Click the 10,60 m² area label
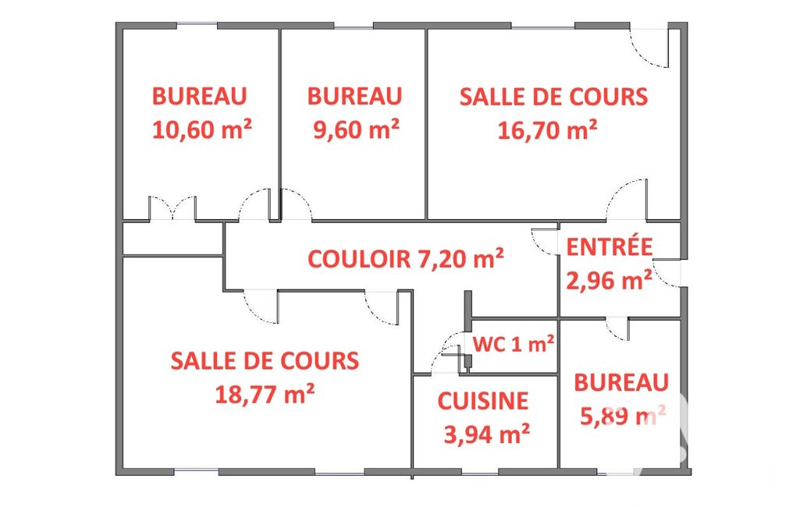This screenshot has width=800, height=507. pos(202,129)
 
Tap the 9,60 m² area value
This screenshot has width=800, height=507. pos(356,129)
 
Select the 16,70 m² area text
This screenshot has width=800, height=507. pos(547,130)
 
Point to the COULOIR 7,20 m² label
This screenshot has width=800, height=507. pos(406,259)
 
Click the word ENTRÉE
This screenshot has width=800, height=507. pos(610,246)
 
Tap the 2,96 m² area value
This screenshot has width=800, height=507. pos(609,280)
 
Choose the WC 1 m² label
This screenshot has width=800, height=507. pos(514,344)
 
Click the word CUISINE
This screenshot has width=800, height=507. pos(482,401)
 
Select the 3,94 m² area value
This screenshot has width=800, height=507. pos(487,434)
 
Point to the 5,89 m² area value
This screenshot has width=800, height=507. pos(623,416)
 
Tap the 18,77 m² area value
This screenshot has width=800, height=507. pos(265,394)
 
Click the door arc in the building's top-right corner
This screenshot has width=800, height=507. pos(649,48)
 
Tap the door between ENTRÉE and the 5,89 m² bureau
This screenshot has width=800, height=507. pos(617,328)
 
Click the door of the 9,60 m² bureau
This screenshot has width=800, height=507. pos(296,205)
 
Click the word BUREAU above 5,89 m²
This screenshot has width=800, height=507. pos(621,382)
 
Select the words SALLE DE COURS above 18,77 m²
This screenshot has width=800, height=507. pos(265,361)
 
